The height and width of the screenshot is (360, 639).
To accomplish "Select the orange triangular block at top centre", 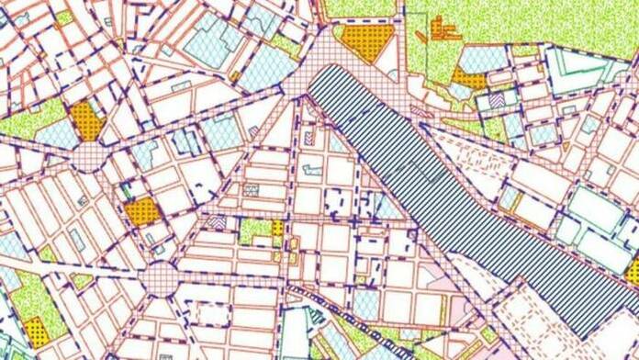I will pos(366,42).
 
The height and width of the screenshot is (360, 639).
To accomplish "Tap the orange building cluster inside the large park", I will pos(445,28).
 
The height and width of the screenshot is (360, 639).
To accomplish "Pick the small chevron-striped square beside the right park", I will pos(497,99).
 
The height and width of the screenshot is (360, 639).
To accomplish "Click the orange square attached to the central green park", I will pos(277,227).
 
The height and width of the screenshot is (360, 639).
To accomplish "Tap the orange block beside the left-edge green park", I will pos(86,120).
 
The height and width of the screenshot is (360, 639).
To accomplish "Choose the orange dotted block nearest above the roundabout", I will pos(142,212).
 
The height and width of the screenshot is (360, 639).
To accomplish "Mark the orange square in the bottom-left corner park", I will pos(36,330).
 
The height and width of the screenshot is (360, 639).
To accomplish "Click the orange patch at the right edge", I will pos(632,271).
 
